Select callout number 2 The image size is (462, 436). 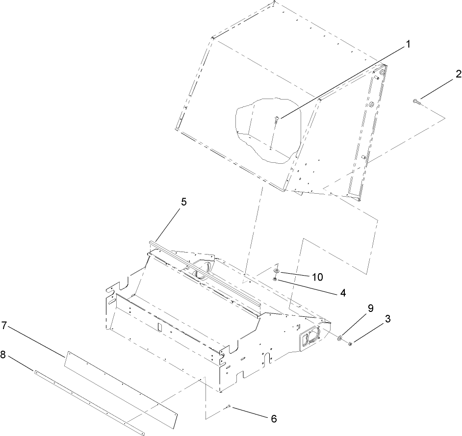pyautogui.click(x=458, y=75)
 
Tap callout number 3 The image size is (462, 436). pyautogui.click(x=387, y=319)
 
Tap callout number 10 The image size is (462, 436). pyautogui.click(x=317, y=277)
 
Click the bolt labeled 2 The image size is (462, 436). pyautogui.click(x=416, y=101)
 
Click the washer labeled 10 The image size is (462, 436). pyautogui.click(x=277, y=270)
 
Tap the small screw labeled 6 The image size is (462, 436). pyautogui.click(x=229, y=406)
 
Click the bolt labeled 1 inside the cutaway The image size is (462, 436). pyautogui.click(x=276, y=119)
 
